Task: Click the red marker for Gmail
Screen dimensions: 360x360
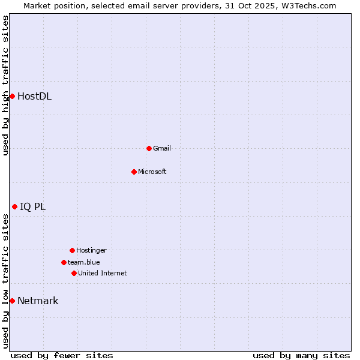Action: (x=149, y=148)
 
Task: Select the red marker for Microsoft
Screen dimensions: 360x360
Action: (x=134, y=172)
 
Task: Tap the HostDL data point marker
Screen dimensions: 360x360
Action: (x=12, y=96)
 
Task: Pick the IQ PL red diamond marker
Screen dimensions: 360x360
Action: (x=14, y=207)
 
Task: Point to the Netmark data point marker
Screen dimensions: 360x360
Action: (x=12, y=301)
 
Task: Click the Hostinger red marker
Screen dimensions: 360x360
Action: (x=72, y=250)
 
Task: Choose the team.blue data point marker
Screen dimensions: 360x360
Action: (x=64, y=262)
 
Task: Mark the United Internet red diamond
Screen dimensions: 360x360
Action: (x=74, y=273)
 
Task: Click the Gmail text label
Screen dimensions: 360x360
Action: (x=162, y=148)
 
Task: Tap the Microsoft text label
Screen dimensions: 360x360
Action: (x=152, y=172)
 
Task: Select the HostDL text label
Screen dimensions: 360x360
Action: (x=34, y=96)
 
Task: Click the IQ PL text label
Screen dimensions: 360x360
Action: (x=32, y=207)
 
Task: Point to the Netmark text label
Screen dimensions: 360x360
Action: (x=38, y=301)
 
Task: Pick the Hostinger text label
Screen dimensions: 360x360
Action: (x=91, y=250)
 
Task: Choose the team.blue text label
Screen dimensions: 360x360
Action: (x=84, y=262)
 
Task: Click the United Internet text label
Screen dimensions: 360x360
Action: (x=103, y=273)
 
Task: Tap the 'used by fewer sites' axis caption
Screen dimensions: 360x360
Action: (x=62, y=355)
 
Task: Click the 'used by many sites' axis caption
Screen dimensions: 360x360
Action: (x=301, y=355)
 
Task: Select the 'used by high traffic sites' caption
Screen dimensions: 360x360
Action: (x=6, y=85)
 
